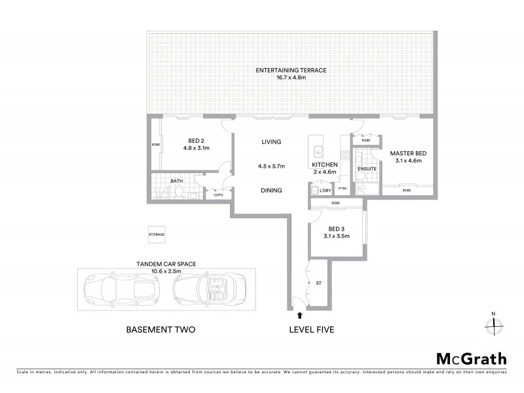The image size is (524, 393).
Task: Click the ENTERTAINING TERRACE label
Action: pyautogui.click(x=291, y=70)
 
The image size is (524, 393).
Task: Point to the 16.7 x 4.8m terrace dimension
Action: pyautogui.click(x=291, y=78)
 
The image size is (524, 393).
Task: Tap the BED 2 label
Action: pyautogui.click(x=193, y=140)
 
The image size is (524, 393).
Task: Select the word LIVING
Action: pyautogui.click(x=271, y=141)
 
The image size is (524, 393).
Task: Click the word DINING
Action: pyautogui.click(x=271, y=191)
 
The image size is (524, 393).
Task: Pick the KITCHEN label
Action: pyautogui.click(x=324, y=164)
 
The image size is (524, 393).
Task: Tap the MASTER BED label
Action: pyautogui.click(x=406, y=153)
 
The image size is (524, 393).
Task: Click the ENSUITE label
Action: pyautogui.click(x=367, y=168)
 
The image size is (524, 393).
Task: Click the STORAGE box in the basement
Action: pyautogui.click(x=156, y=234)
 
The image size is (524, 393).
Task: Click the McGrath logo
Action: pyautogui.click(x=471, y=358)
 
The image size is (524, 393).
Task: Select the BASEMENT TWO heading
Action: pyautogui.click(x=160, y=330)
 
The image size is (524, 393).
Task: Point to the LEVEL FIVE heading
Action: pyautogui.click(x=312, y=330)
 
